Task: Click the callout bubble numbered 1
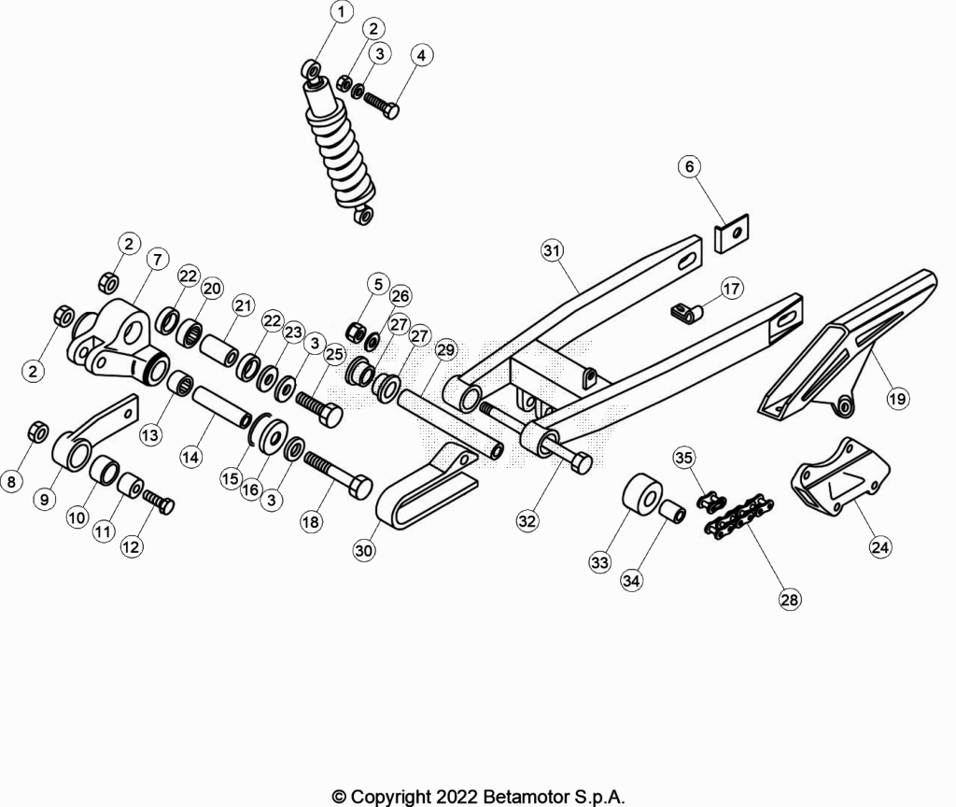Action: [342, 11]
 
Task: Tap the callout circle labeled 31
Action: [553, 250]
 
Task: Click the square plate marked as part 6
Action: [732, 233]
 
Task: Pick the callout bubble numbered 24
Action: [879, 546]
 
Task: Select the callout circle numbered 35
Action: [684, 458]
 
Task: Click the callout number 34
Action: [631, 580]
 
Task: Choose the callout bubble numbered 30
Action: [364, 550]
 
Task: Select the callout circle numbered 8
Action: [11, 481]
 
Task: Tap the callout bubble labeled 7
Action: [157, 260]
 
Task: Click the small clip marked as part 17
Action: [687, 313]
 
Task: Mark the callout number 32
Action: [527, 520]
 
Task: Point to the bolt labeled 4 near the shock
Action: [382, 103]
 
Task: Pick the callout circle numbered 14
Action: [190, 456]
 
